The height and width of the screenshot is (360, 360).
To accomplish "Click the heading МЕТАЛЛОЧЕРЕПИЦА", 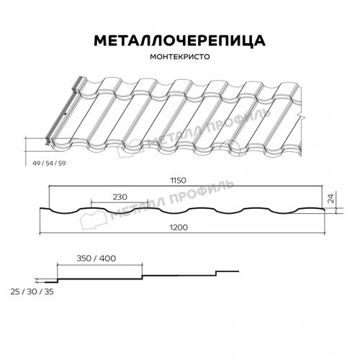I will coord(180,40).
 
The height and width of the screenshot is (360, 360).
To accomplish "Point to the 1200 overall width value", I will coord(181,228).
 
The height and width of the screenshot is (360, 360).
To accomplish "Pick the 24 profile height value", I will coord(330,199).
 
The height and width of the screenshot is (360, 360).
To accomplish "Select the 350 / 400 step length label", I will coord(96,258).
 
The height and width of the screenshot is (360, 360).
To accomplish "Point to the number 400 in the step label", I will coord(108,258).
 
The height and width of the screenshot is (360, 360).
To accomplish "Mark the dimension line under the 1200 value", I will coord(181,233).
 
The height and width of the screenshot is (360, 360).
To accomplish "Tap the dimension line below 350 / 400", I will coord(98,265).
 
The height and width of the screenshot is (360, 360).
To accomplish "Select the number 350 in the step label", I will coord(83,258).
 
